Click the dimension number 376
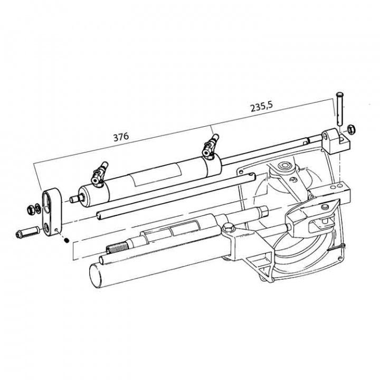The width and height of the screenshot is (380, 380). click(x=121, y=137)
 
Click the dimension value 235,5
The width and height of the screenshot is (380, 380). click(x=261, y=107)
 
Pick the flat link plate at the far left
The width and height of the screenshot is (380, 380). click(x=51, y=208)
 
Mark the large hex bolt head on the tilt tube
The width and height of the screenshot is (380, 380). click(x=229, y=229)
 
